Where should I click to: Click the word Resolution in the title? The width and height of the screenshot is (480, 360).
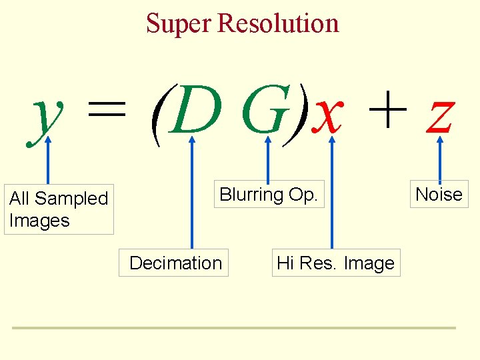coord(278,23)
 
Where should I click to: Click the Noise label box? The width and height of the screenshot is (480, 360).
coord(439,195)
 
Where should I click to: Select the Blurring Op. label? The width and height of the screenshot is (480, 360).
coord(268,195)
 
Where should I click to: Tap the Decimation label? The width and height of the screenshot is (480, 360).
coord(175,263)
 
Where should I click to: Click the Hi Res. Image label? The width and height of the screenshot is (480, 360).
coord(335,263)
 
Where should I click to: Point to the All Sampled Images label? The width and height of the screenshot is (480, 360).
coord(59,209)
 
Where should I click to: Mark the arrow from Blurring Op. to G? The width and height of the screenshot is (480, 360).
coord(268,160)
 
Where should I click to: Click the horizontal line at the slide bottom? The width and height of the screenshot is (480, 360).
coord(233,328)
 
